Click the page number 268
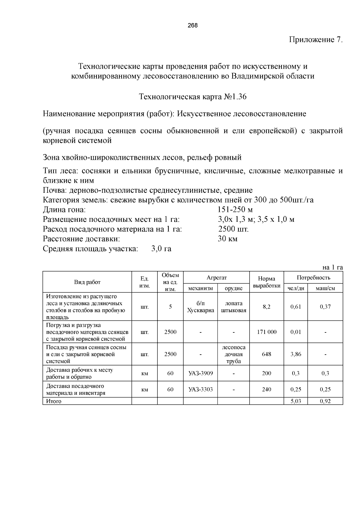tap(193, 25)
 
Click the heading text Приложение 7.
tap(316, 40)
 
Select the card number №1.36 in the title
tap(235, 97)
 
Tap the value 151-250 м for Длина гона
tap(235, 210)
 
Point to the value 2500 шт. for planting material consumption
tap(233, 229)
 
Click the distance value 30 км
tap(227, 239)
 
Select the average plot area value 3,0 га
tap(161, 249)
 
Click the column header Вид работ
tap(87, 282)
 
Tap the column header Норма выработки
tap(266, 282)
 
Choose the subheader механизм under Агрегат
tap(200, 288)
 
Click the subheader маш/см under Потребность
tap(325, 288)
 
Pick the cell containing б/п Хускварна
tap(200, 307)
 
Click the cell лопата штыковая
tap(234, 307)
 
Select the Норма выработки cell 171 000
tap(266, 332)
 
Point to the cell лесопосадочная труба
tap(234, 354)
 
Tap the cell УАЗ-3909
tap(200, 374)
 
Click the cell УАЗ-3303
tap(200, 389)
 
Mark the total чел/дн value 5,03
tap(295, 401)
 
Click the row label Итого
tap(54, 401)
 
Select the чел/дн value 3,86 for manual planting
tap(295, 354)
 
